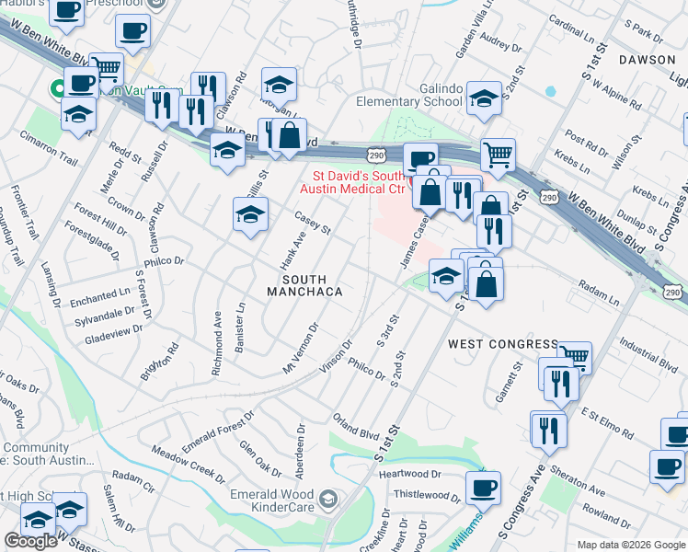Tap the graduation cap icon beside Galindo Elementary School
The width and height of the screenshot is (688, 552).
[x=483, y=98]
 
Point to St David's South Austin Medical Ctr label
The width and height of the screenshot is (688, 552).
[x=359, y=181]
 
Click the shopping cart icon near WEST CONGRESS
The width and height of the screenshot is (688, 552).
[x=574, y=355]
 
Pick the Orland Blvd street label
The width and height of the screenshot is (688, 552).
[x=356, y=426]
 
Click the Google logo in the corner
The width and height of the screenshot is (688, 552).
[x=29, y=541]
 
